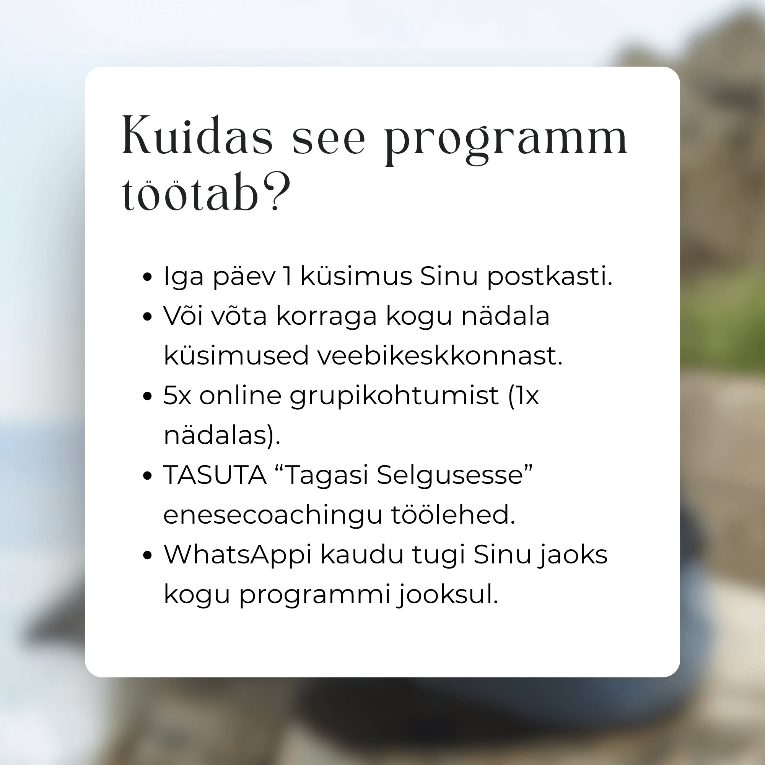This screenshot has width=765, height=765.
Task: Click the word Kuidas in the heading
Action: pos(197,135)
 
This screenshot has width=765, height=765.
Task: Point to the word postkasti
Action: pos(550,277)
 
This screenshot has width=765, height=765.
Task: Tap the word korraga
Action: pos(326,317)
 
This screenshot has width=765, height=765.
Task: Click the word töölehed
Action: pos(453,514)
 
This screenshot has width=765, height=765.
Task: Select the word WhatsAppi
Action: pos(238,555)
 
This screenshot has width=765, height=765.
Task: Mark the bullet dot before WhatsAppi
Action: pos(147,555)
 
